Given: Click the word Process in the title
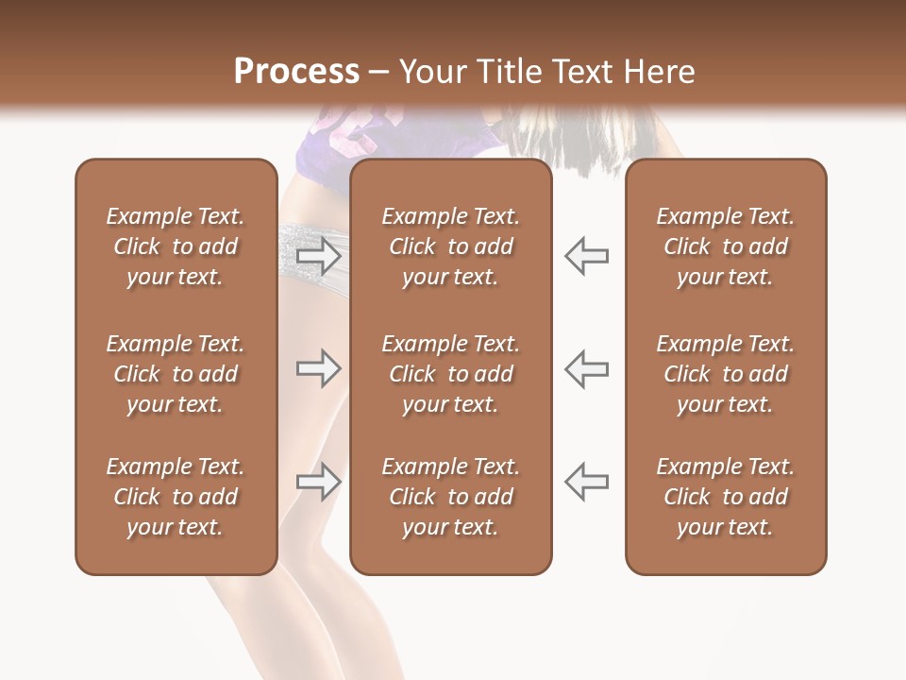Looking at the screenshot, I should pos(296,72).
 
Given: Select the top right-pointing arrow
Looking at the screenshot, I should pos(318,255).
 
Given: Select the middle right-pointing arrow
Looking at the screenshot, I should pos(318,368).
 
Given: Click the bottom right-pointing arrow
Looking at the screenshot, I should pos(318,482).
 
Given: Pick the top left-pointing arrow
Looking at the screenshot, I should pos(587,255).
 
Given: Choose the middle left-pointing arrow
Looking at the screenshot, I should pos(587,368).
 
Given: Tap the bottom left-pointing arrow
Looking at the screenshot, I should pos(587,482).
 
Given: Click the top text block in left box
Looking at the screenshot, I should pos(176,246).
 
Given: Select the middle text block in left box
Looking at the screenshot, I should pos(176,374).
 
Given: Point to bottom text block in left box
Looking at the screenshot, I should pos(176,497).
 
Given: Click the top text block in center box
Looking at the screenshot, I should pos(450,246).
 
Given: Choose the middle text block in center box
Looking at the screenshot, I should pos(450,374).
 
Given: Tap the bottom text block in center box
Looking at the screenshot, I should pos(450,497).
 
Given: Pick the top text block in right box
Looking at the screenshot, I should pos(725,246).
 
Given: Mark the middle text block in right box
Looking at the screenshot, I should pos(725,374).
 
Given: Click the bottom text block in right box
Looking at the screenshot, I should pos(725,497).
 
